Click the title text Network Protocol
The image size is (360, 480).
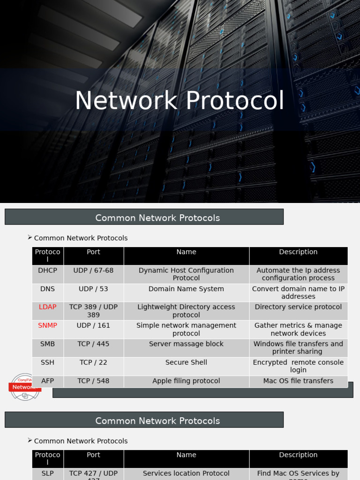[x=180, y=101]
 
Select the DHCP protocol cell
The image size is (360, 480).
[x=48, y=270]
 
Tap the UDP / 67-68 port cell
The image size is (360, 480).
[x=93, y=270]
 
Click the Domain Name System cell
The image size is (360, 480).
[x=186, y=289]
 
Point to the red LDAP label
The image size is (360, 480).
[x=48, y=307]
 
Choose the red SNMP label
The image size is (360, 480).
[x=48, y=325]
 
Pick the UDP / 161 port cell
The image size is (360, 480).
[x=93, y=325]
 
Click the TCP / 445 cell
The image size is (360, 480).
[x=93, y=344]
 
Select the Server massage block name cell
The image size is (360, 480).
[x=186, y=344]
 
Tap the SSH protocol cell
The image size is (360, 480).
[x=48, y=362]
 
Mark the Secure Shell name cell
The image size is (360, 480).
[x=186, y=362]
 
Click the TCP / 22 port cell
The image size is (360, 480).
[x=93, y=362]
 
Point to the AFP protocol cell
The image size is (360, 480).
[x=48, y=381]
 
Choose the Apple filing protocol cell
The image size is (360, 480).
[x=186, y=381]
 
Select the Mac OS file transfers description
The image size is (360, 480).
[x=298, y=381]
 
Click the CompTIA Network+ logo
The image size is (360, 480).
[x=25, y=387]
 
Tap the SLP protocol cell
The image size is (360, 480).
[x=48, y=473]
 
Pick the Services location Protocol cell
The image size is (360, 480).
[x=186, y=473]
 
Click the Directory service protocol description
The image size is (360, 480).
[x=298, y=307]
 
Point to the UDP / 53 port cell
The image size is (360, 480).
[x=93, y=289]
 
